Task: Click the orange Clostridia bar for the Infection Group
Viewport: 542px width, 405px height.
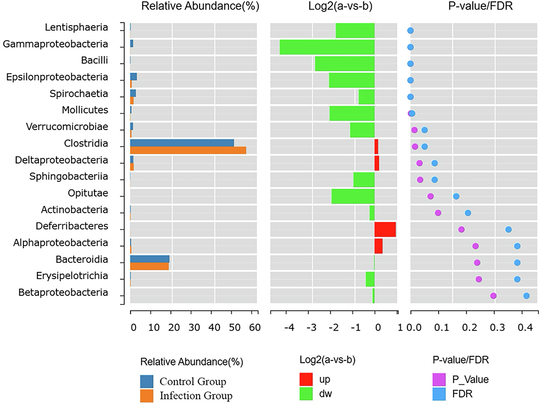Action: point(188,150)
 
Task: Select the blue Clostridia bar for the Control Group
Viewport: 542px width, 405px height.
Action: point(182,143)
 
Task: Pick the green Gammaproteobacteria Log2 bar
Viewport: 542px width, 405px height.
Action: point(327,47)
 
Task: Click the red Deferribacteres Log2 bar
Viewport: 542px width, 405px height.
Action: point(385,229)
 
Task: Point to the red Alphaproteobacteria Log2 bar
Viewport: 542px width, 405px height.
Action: point(378,246)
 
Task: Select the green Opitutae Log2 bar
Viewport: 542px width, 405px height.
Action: point(353,196)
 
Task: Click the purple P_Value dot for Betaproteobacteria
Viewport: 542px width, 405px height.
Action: point(493,296)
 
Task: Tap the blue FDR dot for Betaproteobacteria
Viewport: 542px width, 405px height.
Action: point(526,296)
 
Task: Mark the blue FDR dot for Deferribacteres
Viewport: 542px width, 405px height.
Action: point(508,229)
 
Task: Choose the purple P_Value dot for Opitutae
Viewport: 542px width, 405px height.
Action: point(430,196)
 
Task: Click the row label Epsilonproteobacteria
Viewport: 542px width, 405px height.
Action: point(57,77)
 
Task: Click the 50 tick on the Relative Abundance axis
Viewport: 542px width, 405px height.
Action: point(236,327)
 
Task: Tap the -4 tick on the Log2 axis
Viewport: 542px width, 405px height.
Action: point(290,327)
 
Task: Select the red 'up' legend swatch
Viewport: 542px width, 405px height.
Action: point(306,379)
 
